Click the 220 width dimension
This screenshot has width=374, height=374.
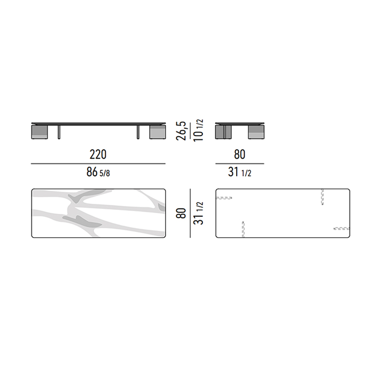tap(98, 154)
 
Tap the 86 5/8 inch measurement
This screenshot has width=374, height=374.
tap(98, 172)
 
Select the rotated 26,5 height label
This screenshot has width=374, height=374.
tap(181, 131)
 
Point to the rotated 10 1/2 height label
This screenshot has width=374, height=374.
tap(198, 130)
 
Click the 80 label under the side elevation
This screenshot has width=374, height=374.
tap(239, 154)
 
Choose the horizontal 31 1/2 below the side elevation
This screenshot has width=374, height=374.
tap(239, 172)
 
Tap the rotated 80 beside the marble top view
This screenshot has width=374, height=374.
tap(181, 213)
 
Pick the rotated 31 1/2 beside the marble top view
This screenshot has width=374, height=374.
tap(198, 213)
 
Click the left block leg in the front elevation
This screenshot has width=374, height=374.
tap(40, 132)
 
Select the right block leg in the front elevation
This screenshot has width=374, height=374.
tap(158, 132)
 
